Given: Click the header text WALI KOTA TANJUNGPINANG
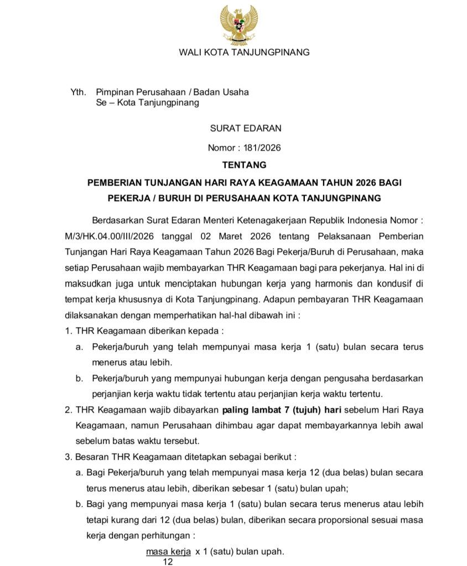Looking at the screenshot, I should click(244, 53).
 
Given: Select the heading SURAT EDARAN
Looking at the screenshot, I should click(246, 128).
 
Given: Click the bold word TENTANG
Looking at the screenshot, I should click(244, 165).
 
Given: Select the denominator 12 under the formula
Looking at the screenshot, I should click(168, 562).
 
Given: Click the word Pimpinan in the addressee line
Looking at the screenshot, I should click(115, 92).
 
